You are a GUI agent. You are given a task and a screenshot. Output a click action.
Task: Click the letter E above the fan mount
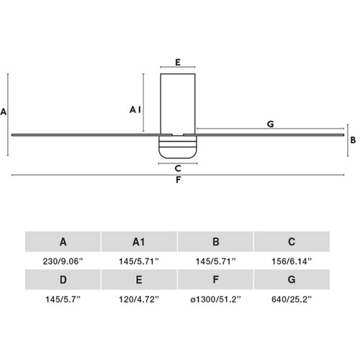178,63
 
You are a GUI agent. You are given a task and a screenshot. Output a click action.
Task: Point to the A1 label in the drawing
135,110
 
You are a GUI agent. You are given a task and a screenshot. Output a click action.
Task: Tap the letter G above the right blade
271,124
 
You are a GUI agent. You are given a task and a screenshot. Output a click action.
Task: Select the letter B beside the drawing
353,140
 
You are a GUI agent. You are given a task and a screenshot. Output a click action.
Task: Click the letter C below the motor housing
178,168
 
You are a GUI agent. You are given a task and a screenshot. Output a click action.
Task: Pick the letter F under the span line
178,180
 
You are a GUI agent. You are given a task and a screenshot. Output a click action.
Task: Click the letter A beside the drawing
4,112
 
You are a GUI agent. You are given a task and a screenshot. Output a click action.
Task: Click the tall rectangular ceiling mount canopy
178,104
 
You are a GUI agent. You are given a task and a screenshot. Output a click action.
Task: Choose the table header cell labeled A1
139,242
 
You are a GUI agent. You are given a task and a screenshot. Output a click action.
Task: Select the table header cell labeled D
63,279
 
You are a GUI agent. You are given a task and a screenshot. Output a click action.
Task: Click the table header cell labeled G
292,279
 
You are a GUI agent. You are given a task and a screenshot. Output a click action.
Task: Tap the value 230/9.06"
63,261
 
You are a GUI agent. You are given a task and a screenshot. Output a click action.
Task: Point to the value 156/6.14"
292,261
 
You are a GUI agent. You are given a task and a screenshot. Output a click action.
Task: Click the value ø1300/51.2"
215,300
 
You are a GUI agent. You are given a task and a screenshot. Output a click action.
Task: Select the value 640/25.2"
292,300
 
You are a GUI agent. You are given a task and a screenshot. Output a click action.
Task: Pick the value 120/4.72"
139,300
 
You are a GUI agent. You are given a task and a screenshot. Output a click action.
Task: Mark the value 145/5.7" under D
63,300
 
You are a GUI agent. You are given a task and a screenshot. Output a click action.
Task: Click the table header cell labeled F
215,279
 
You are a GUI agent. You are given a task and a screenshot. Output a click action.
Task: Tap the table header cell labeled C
292,242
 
